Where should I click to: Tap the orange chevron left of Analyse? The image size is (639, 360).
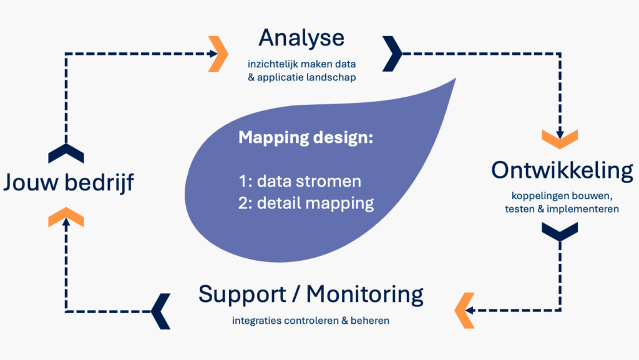click(x=218, y=54)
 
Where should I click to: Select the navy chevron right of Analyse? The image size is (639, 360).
click(x=393, y=54)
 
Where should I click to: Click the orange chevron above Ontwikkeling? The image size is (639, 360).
click(x=559, y=139)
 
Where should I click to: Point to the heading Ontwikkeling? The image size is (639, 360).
click(x=562, y=170)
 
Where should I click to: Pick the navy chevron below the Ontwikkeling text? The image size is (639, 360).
click(x=559, y=231)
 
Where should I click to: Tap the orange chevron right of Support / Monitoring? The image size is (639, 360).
click(x=465, y=309)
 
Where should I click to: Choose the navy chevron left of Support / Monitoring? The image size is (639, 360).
click(x=160, y=309)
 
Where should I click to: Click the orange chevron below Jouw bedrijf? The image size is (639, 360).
click(x=66, y=216)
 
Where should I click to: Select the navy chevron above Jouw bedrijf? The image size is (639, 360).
click(x=66, y=153)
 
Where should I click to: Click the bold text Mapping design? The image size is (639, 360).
click(x=305, y=138)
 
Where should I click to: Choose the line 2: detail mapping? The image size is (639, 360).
click(x=306, y=203)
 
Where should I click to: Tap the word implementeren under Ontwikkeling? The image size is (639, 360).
click(x=582, y=209)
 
